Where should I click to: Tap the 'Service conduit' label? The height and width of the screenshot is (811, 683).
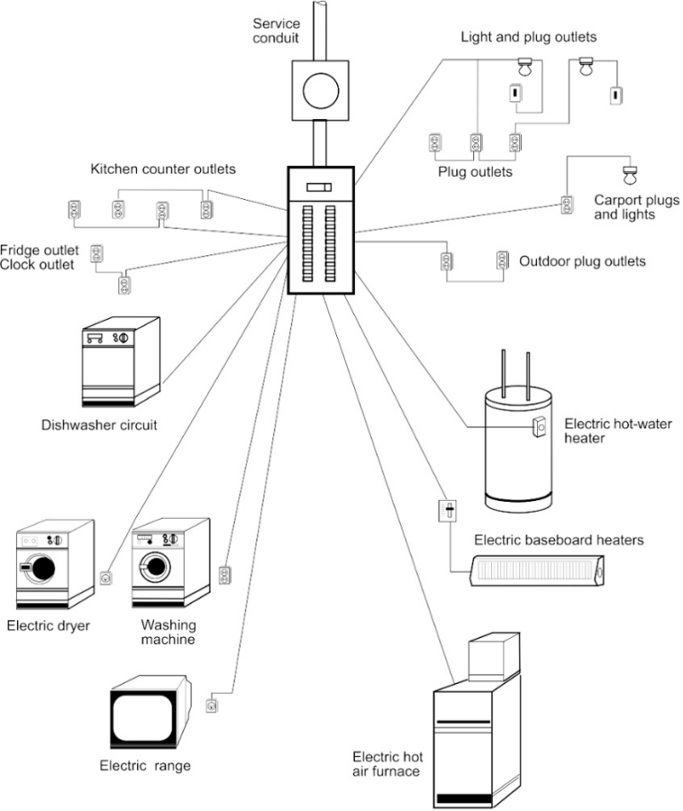tap(277, 30)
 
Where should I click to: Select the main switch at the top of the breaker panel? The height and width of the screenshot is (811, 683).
tap(318, 187)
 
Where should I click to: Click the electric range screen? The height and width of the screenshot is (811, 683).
tap(145, 717)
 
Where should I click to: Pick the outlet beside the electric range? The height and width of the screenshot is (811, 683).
tap(211, 706)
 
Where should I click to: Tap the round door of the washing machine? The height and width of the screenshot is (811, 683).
tap(156, 565)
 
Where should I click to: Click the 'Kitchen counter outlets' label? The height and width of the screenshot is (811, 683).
tap(163, 169)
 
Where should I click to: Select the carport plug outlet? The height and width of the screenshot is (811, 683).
tap(566, 205)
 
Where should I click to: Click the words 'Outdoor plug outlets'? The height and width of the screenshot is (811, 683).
tap(583, 261)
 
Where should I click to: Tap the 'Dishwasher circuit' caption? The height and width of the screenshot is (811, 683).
tap(99, 425)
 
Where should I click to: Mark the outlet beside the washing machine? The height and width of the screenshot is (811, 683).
tap(225, 575)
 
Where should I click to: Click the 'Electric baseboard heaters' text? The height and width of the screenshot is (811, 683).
tap(558, 540)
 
